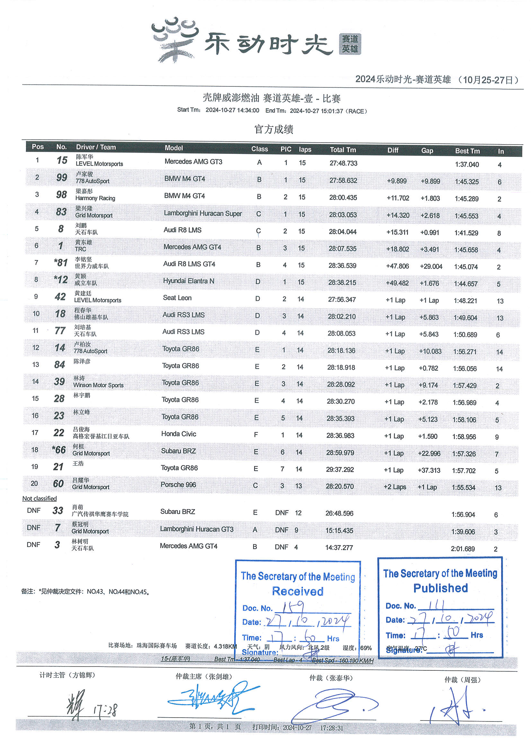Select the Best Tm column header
coord(467,151)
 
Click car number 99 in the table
coord(61,178)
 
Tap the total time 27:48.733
coord(343,163)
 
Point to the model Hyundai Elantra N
coord(189,281)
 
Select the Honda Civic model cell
coord(179,434)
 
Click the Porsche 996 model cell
coord(178,485)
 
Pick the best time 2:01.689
coord(463,549)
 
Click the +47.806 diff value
coord(397,266)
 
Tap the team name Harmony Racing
coord(95,198)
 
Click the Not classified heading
coord(39,499)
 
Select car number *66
coord(59,450)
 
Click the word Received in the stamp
coord(298,591)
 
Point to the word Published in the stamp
coord(440,588)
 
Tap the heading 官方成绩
coord(273,129)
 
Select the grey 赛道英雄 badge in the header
coord(350,44)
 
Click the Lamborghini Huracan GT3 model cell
coord(197,529)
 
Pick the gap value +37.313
coord(429,470)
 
